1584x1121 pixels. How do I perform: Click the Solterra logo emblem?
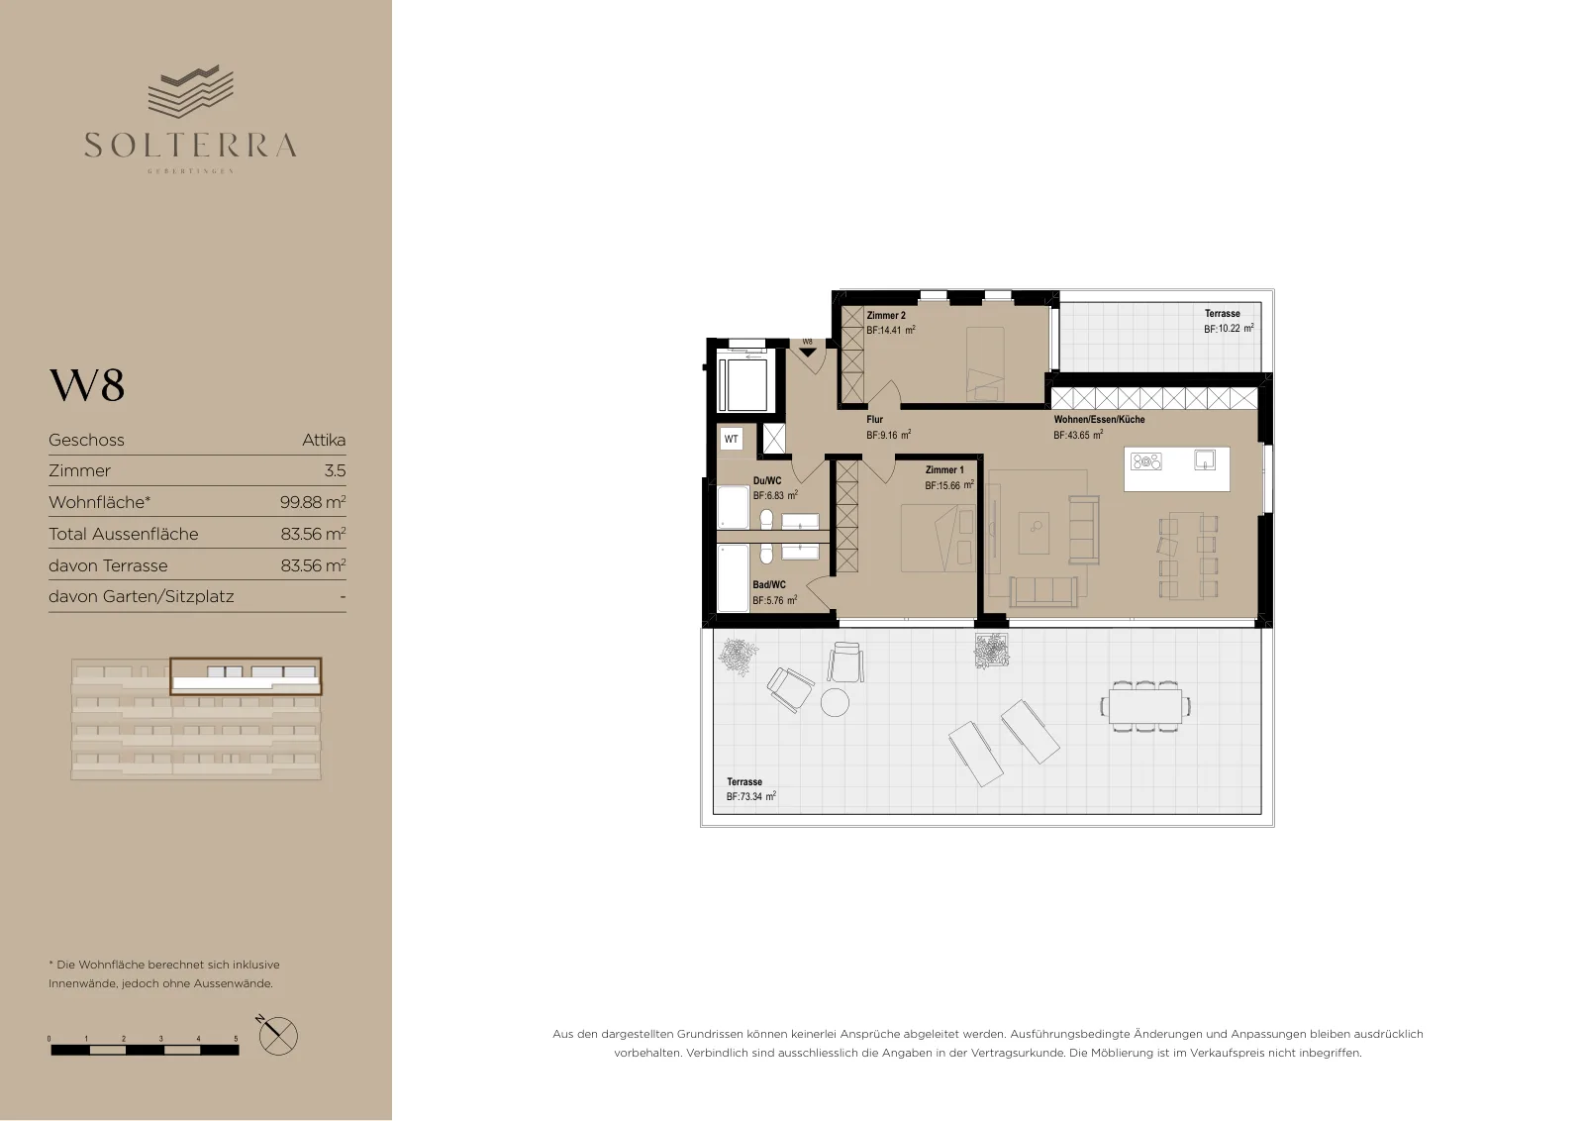pos(190,91)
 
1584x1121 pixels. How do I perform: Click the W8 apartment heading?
pos(87,385)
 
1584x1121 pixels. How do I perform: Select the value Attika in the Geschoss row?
pos(324,440)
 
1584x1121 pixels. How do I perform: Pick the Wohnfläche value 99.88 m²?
pos(313,502)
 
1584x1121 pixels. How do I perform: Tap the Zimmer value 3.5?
pos(335,470)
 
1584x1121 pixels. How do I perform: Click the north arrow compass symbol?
pos(277,1036)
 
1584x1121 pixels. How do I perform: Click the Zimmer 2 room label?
pos(886,316)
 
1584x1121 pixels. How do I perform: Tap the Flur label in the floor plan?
pos(875,420)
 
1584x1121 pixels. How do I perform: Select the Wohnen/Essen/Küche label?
pos(1099,420)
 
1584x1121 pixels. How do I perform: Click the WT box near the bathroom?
pos(732,440)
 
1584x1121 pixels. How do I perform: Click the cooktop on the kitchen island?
pos(1145,461)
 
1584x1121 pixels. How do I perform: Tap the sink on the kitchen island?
pos(1205,460)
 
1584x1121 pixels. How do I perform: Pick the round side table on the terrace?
pos(835,702)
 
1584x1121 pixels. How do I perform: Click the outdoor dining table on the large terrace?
pos(1145,706)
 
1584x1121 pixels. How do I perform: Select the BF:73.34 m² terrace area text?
pos(751,796)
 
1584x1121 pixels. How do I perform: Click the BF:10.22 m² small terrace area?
pos(1229,329)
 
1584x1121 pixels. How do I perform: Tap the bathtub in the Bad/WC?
pos(733,577)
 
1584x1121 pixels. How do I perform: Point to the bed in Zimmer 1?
pos(937,538)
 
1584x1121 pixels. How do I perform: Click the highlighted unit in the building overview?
pos(247,676)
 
